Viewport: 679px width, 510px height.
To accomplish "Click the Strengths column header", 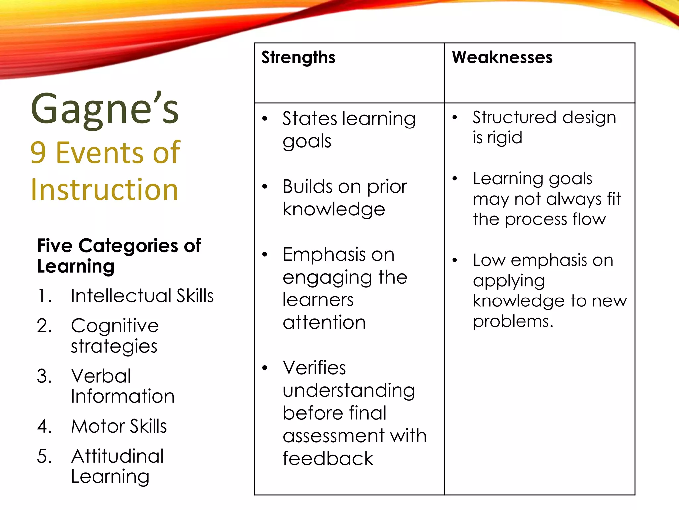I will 298,58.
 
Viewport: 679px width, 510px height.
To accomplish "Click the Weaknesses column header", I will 502,57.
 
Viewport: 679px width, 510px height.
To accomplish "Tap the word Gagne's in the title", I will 105,109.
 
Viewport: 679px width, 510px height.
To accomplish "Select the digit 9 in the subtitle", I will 38,153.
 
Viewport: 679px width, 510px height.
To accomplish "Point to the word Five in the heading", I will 55,246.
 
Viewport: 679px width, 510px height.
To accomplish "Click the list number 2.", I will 44,326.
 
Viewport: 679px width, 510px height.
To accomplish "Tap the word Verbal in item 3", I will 101,376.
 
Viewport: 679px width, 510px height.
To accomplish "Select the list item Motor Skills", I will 119,426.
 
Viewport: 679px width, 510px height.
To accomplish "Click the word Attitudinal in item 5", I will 117,456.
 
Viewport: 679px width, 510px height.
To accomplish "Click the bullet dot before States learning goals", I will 265,119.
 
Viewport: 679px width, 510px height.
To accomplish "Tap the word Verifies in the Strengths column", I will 314,368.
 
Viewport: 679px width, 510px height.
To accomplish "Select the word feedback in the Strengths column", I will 328,459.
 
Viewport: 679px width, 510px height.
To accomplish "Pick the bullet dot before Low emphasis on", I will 455,260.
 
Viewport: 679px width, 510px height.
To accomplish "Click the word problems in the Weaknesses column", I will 513,321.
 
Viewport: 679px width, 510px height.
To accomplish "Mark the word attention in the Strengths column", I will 324,322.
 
